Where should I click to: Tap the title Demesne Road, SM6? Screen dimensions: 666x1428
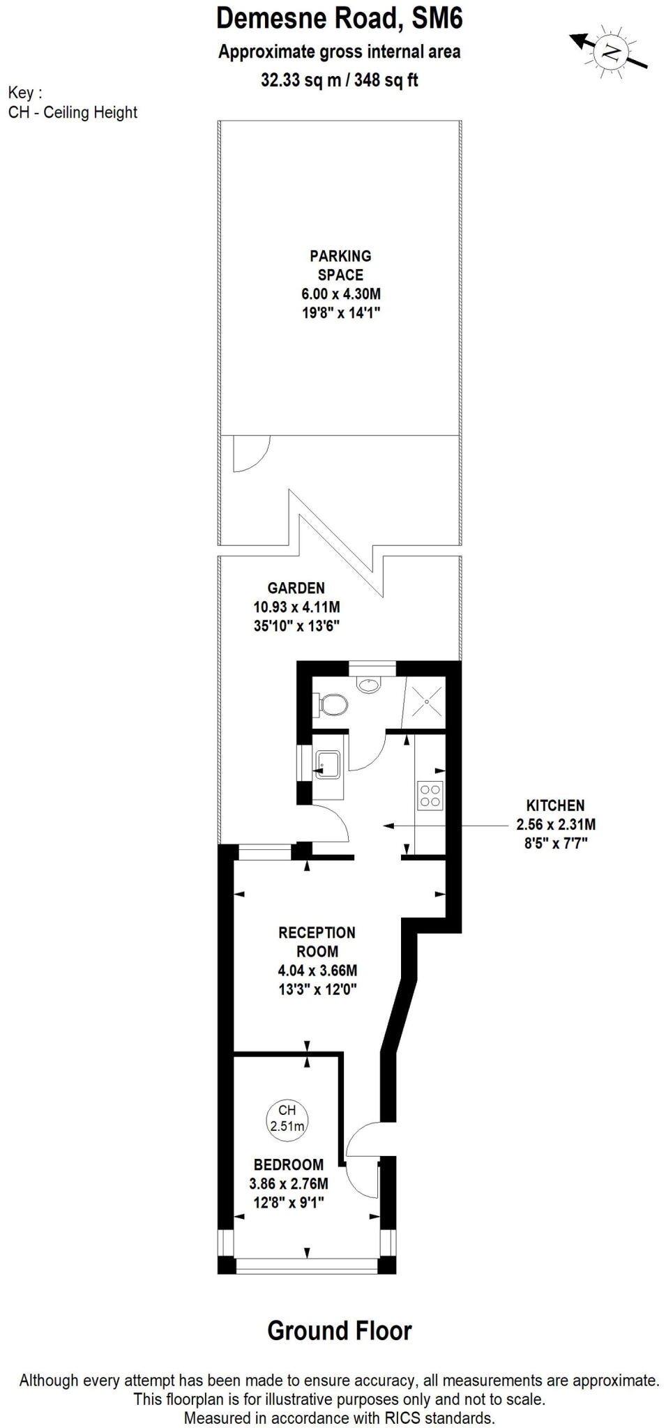[340, 19]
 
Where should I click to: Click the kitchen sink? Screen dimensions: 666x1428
[327, 764]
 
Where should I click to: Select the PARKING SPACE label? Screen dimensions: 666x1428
[340, 265]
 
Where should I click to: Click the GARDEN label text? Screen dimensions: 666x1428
[296, 588]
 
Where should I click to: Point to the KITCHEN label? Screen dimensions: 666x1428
[555, 805]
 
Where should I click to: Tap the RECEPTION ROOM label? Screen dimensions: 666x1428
[317, 942]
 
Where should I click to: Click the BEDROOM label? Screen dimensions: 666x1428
[289, 1164]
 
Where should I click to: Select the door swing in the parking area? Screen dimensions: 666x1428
[251, 453]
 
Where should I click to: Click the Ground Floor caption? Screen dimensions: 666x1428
[340, 1330]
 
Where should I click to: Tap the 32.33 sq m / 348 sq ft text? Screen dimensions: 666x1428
[340, 80]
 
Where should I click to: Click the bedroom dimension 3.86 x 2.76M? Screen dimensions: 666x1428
[289, 1183]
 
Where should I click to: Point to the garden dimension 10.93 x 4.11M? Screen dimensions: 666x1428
[296, 607]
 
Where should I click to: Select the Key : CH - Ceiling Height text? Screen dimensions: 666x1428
[73, 102]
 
